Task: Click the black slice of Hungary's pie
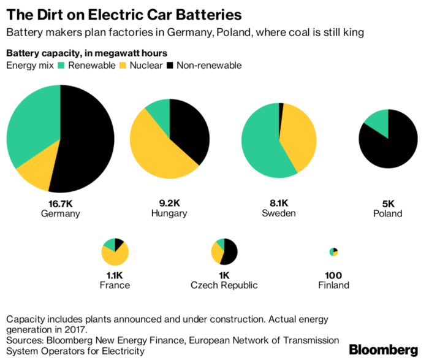[190, 129]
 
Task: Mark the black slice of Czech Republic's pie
[230, 252]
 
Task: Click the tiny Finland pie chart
[333, 252]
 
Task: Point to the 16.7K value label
[60, 202]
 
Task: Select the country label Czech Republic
[224, 285]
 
